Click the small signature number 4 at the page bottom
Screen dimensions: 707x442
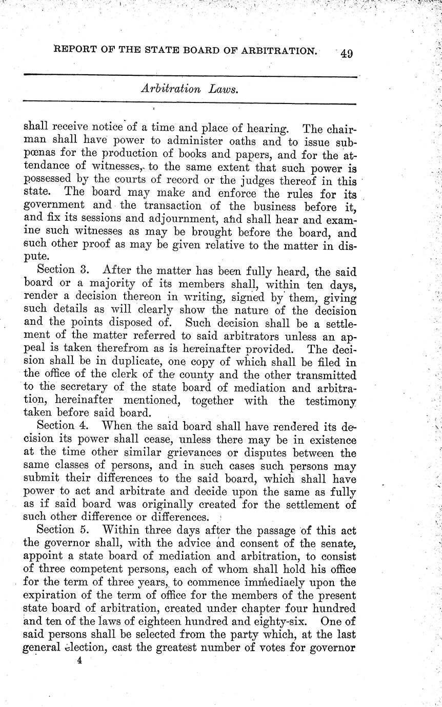point(79,661)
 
